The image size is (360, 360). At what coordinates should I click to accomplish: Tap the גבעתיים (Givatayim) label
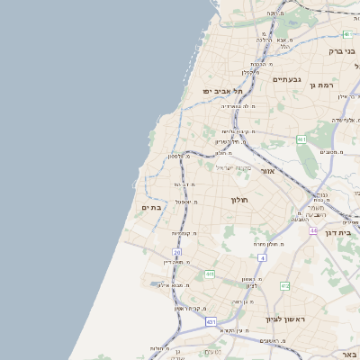pos(288,79)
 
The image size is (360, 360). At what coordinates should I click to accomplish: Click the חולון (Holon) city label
pos(238,199)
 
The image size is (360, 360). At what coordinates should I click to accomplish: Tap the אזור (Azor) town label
pos(268,170)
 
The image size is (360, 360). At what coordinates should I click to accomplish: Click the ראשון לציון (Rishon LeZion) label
pos(285,319)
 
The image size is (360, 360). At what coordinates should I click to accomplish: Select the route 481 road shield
pos(346,34)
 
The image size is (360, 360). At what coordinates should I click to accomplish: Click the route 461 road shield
pos(301,139)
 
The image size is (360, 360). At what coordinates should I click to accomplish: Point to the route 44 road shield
pos(313,231)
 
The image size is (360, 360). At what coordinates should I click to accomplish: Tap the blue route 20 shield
pos(177,253)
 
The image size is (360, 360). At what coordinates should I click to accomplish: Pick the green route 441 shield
pos(209,274)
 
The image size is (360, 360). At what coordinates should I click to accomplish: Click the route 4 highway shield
pos(262,257)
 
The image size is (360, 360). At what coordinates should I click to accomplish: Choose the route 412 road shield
pos(284,286)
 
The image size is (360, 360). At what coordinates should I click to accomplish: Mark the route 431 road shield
pos(211,321)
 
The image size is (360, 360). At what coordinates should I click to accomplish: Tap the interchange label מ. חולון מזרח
pos(260,244)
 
